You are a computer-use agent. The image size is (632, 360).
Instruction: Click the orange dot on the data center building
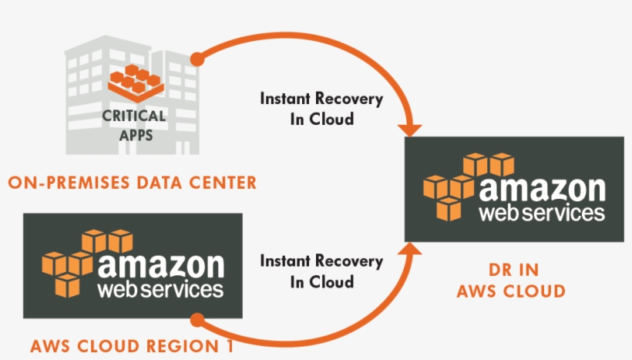[x=197, y=58]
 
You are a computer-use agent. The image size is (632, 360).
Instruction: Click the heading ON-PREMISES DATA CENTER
[x=131, y=183]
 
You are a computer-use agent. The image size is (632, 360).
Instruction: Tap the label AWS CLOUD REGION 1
[x=132, y=346]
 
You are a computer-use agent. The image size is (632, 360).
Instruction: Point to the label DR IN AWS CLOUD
[x=511, y=281]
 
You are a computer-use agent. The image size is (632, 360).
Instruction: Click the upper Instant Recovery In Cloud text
[x=321, y=109]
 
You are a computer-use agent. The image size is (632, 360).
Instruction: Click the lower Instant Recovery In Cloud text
[x=321, y=271]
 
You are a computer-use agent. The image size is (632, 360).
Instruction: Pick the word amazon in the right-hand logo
[x=543, y=190]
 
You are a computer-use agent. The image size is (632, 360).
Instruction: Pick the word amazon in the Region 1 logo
[x=161, y=266]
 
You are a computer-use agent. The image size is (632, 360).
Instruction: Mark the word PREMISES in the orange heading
[x=93, y=183]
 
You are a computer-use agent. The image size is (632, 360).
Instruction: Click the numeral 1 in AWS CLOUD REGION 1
[x=229, y=346]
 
